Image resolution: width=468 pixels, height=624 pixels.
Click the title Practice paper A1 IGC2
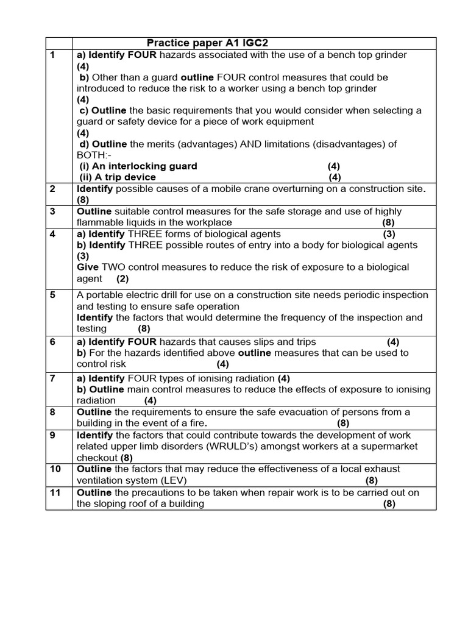(x=207, y=43)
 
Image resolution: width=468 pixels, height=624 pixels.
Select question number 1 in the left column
(x=52, y=55)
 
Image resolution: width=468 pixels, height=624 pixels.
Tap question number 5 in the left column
(x=52, y=295)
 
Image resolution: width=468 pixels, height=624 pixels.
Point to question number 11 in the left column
(x=55, y=492)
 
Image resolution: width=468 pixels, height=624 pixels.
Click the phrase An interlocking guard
(x=139, y=166)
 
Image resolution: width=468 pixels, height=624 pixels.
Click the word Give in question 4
(x=88, y=267)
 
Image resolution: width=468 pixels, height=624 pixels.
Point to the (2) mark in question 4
(x=123, y=278)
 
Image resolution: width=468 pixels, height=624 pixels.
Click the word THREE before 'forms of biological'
(x=146, y=234)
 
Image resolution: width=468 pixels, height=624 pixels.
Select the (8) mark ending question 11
(x=389, y=504)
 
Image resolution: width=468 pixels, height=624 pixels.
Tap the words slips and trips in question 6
(x=282, y=342)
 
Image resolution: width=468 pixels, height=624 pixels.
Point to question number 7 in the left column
(x=52, y=378)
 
